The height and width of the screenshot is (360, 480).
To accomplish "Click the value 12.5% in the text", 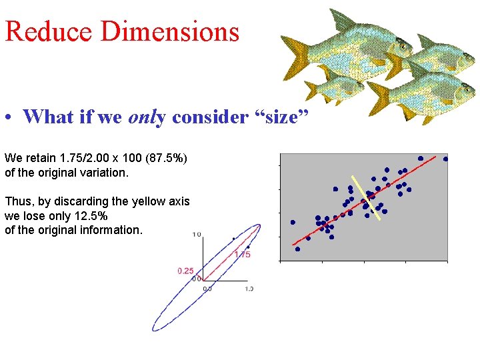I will (88, 216).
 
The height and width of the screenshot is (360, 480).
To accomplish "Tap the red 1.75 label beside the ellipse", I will (242, 254).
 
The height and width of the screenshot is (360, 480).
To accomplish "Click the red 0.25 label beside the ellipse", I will (185, 271).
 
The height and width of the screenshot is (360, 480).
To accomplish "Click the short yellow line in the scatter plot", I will (367, 198).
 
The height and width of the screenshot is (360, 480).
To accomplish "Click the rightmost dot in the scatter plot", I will (445, 159).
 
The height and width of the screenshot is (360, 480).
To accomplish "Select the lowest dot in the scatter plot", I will (297, 249).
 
